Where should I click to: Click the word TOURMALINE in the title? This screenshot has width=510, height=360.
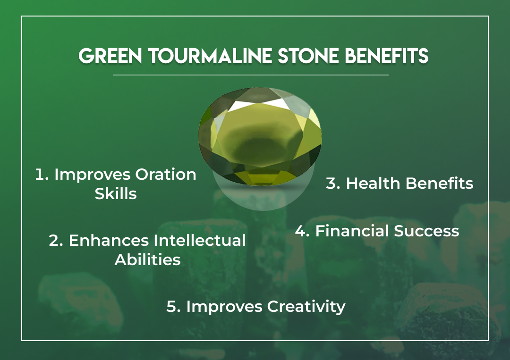[x=210, y=56]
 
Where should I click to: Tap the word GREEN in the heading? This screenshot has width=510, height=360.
[x=110, y=56]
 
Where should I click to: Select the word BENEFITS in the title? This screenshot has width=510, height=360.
[x=386, y=56]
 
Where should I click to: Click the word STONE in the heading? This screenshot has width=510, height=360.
[x=308, y=56]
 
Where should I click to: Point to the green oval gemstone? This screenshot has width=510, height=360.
[x=260, y=136]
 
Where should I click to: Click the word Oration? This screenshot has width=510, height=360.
[x=166, y=175]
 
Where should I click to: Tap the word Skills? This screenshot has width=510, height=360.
[x=116, y=193]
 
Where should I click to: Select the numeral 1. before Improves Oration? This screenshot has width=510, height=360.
[x=42, y=175]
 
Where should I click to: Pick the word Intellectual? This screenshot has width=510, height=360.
[x=199, y=241]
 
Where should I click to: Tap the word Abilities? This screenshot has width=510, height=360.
[x=147, y=260]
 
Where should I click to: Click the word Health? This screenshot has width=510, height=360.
[x=373, y=183]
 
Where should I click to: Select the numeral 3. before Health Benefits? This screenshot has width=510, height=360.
[x=333, y=183]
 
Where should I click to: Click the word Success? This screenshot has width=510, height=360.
[x=426, y=231]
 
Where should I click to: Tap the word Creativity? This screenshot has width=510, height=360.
[x=306, y=306]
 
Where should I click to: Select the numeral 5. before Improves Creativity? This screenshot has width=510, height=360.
[x=174, y=306]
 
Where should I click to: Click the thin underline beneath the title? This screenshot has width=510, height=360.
[x=250, y=75]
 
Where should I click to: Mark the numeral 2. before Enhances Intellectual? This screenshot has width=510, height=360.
[x=56, y=241]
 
